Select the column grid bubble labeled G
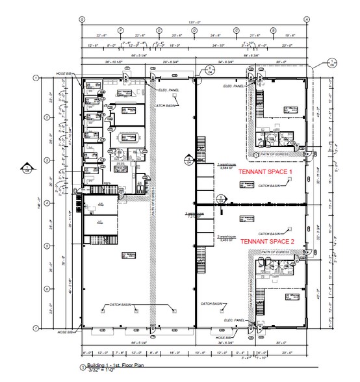coord(82,19)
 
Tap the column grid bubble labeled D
coord(196,31)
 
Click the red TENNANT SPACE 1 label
coord(267,172)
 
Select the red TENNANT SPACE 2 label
coord(267,241)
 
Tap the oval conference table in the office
coord(123,138)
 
